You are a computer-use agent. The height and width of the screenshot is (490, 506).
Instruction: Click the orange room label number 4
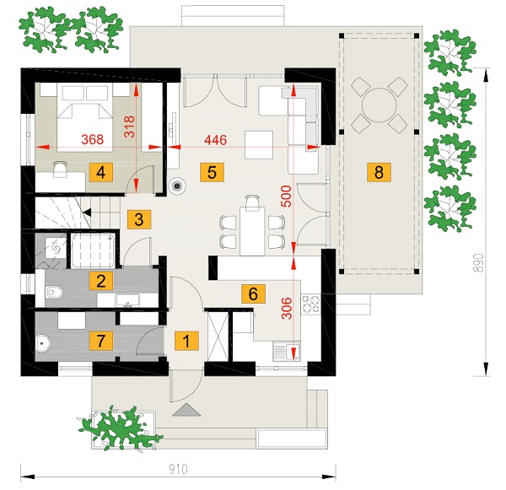100,172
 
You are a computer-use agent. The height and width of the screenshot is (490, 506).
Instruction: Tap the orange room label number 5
212,172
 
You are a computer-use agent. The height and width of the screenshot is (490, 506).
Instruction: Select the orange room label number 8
379,172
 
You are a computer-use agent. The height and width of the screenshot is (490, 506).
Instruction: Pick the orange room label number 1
186,341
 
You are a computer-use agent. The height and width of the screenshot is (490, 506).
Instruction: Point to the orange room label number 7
100,341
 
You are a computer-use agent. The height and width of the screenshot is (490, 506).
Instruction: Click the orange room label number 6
253,293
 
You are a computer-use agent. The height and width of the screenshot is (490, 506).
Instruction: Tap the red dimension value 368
92,139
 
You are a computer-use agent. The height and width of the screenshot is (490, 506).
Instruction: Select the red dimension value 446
216,140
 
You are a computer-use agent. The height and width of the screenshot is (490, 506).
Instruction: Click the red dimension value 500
286,197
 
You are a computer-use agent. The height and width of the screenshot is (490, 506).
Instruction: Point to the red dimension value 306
287,309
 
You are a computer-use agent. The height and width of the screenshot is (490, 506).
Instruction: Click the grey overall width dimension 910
178,470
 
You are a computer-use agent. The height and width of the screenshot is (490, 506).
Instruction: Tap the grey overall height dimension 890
480,263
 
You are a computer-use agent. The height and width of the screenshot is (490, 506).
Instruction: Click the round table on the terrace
379,105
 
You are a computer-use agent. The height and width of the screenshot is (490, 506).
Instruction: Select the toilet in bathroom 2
54,293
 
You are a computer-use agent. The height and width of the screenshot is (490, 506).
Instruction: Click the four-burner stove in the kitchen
310,304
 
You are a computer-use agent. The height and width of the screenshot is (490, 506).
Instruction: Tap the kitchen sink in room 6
287,351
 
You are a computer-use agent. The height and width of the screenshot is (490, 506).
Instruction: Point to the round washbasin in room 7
42,343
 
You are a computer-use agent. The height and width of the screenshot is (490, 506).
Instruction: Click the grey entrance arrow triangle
186,410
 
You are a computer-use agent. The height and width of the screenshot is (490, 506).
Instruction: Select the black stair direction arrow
87,213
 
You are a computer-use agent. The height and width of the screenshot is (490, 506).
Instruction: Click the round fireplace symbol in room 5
177,186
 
